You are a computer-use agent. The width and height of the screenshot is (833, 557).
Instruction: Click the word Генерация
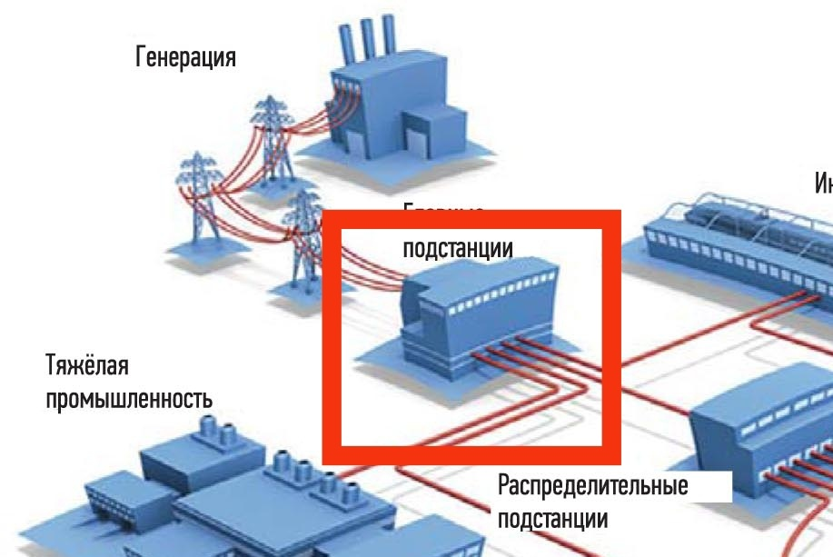185,59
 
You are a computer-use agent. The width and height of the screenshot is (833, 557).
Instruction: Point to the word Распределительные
592,485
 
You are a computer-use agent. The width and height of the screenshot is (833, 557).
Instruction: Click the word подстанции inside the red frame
457,248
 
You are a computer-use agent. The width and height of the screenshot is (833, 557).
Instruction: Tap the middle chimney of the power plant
368,35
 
